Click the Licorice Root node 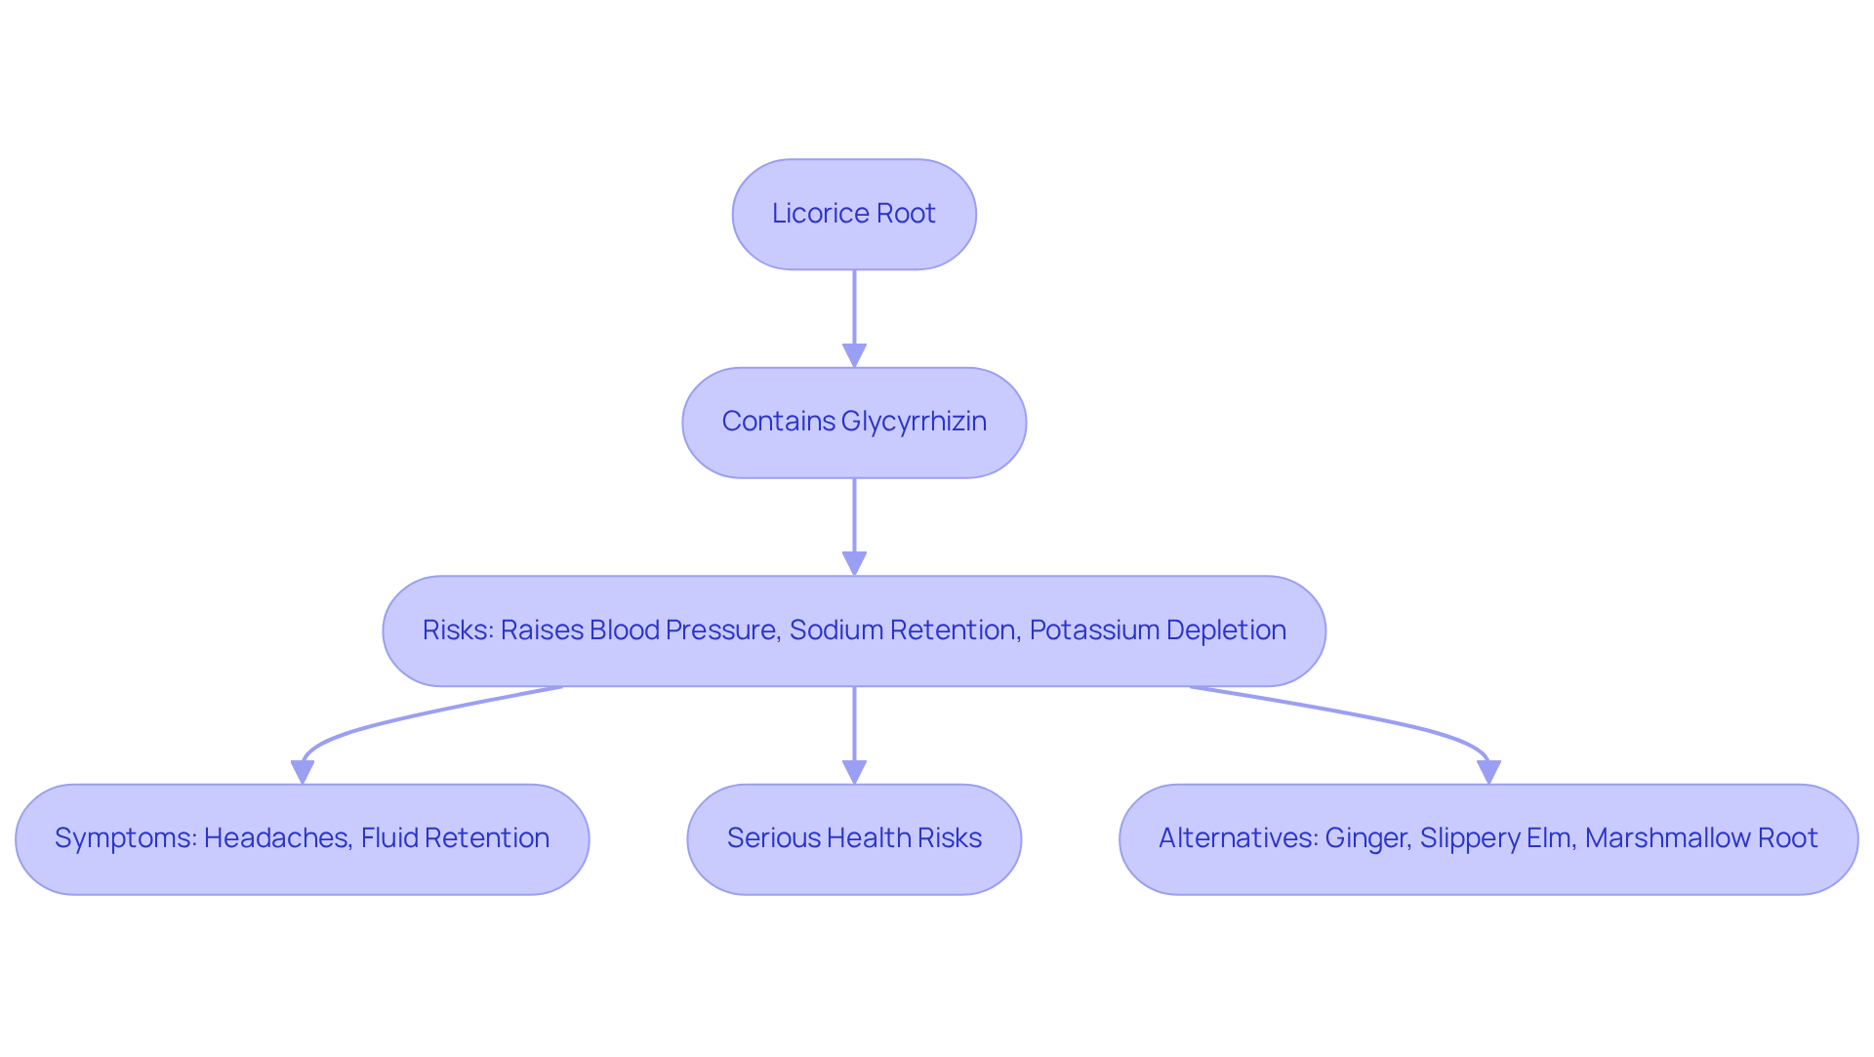[854, 215]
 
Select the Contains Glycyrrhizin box [854, 423]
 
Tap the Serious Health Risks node [854, 839]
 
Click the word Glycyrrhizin [914, 422]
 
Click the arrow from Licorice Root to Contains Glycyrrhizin [854, 312]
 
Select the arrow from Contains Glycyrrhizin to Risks [854, 522]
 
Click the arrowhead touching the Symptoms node [303, 772]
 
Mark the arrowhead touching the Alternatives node [1488, 772]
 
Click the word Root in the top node [908, 214]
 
